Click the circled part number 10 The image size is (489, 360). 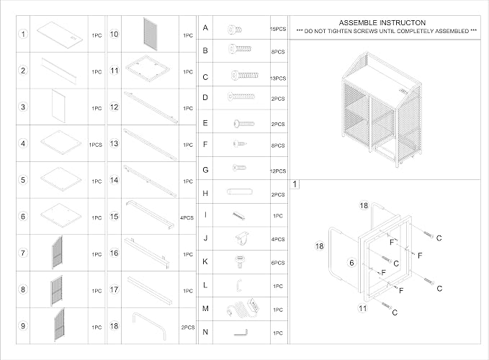(x=114, y=34)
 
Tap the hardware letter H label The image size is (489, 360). (x=205, y=193)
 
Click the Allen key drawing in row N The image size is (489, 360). (x=241, y=333)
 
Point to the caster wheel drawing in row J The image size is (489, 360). (x=242, y=238)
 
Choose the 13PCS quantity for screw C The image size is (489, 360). (x=278, y=78)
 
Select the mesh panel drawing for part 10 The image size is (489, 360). (x=151, y=34)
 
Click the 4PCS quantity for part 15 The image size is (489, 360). (x=187, y=217)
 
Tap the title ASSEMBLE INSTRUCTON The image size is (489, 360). (x=382, y=23)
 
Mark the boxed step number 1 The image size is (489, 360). (x=295, y=184)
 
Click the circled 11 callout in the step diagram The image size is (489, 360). (x=362, y=308)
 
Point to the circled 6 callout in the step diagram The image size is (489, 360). (x=351, y=263)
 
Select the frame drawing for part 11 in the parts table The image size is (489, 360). (x=148, y=68)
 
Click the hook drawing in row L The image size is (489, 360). (x=239, y=285)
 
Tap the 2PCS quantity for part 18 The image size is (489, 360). (x=188, y=328)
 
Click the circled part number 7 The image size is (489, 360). (x=23, y=253)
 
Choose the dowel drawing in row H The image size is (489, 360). (x=240, y=192)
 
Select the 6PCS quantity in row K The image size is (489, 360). (x=278, y=263)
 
